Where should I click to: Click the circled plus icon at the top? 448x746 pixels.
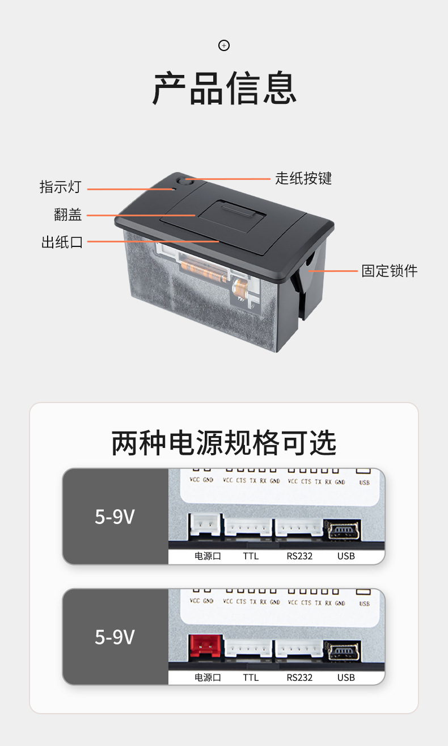224,45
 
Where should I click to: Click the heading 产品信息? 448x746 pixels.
225,88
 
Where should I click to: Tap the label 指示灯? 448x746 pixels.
61,187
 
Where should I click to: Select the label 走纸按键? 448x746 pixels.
303,178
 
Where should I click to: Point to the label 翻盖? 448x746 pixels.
68,215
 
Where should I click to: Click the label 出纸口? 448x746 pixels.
62,242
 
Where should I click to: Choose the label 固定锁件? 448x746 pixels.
390,271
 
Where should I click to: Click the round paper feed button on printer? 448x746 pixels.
183,182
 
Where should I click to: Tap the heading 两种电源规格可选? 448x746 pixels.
224,443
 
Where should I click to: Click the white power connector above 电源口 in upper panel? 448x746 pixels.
205,525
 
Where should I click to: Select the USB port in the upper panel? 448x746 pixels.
343,530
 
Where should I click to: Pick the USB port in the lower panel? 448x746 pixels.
343,651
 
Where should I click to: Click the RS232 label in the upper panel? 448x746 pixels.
299,556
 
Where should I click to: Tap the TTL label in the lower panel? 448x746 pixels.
251,677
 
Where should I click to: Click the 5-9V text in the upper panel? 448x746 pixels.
115,517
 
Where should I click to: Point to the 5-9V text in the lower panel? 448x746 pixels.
115,637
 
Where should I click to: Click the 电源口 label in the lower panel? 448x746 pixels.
208,677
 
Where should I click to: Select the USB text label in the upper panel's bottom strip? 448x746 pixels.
346,556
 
